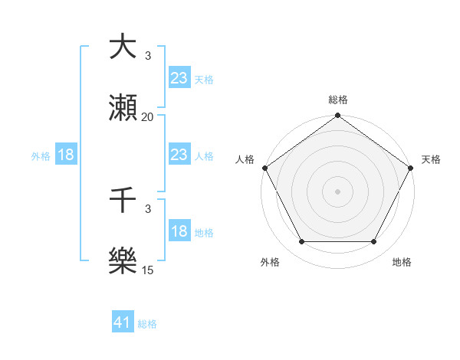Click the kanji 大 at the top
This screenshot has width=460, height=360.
click(123, 47)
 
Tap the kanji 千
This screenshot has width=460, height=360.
click(123, 200)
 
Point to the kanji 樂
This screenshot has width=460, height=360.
click(123, 261)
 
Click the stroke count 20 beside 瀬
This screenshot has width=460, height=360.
click(147, 117)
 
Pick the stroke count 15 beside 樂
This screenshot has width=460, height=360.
click(147, 270)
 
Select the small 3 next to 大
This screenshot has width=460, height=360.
click(148, 56)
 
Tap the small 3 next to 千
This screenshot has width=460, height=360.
click(148, 208)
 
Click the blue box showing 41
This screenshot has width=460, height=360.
click(123, 322)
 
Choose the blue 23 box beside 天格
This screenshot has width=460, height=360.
click(179, 77)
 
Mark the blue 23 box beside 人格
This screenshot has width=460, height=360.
click(179, 155)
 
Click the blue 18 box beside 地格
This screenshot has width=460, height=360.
click(179, 231)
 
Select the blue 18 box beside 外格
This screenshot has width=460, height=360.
click(66, 155)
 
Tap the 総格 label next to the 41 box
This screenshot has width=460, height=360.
click(147, 324)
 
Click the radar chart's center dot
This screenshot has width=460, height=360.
click(337, 191)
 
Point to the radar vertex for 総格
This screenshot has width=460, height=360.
click(337, 116)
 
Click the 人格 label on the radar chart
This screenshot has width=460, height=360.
click(245, 159)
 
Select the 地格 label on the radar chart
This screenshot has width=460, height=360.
click(402, 262)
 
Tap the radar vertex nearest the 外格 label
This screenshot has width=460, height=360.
click(301, 242)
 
